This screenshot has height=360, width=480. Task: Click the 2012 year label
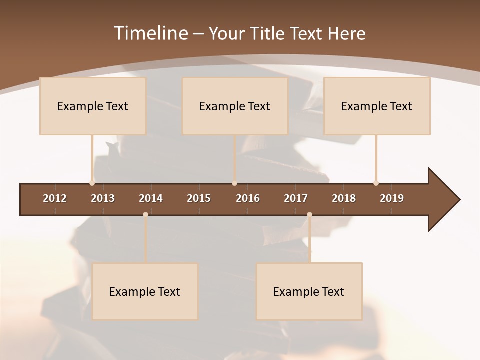55,198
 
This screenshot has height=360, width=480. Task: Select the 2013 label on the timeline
103,198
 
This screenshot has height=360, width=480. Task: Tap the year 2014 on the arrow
151,198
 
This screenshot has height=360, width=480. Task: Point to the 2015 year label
199,198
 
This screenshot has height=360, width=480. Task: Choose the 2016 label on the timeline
248,198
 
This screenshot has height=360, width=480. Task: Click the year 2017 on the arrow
296,198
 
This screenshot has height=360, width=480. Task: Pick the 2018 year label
344,198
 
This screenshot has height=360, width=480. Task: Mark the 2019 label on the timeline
392,198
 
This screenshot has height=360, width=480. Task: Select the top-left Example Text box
93,106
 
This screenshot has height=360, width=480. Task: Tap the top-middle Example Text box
235,106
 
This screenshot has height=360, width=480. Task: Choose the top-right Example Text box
377,106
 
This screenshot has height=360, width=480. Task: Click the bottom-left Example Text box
145,291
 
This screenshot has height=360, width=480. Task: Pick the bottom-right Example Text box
309,291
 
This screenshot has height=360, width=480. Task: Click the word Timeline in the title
150,33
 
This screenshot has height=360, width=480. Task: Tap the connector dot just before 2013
92,183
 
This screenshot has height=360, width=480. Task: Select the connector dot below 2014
145,214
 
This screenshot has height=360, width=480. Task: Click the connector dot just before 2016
234,183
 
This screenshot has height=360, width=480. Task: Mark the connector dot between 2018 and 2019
376,183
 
